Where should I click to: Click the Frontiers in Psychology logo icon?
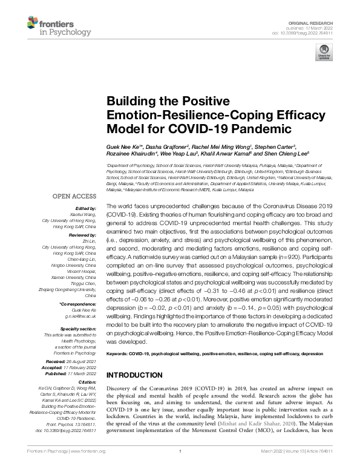tap(35, 24)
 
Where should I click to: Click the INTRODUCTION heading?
tap(134, 375)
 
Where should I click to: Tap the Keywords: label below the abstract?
tap(120, 352)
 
